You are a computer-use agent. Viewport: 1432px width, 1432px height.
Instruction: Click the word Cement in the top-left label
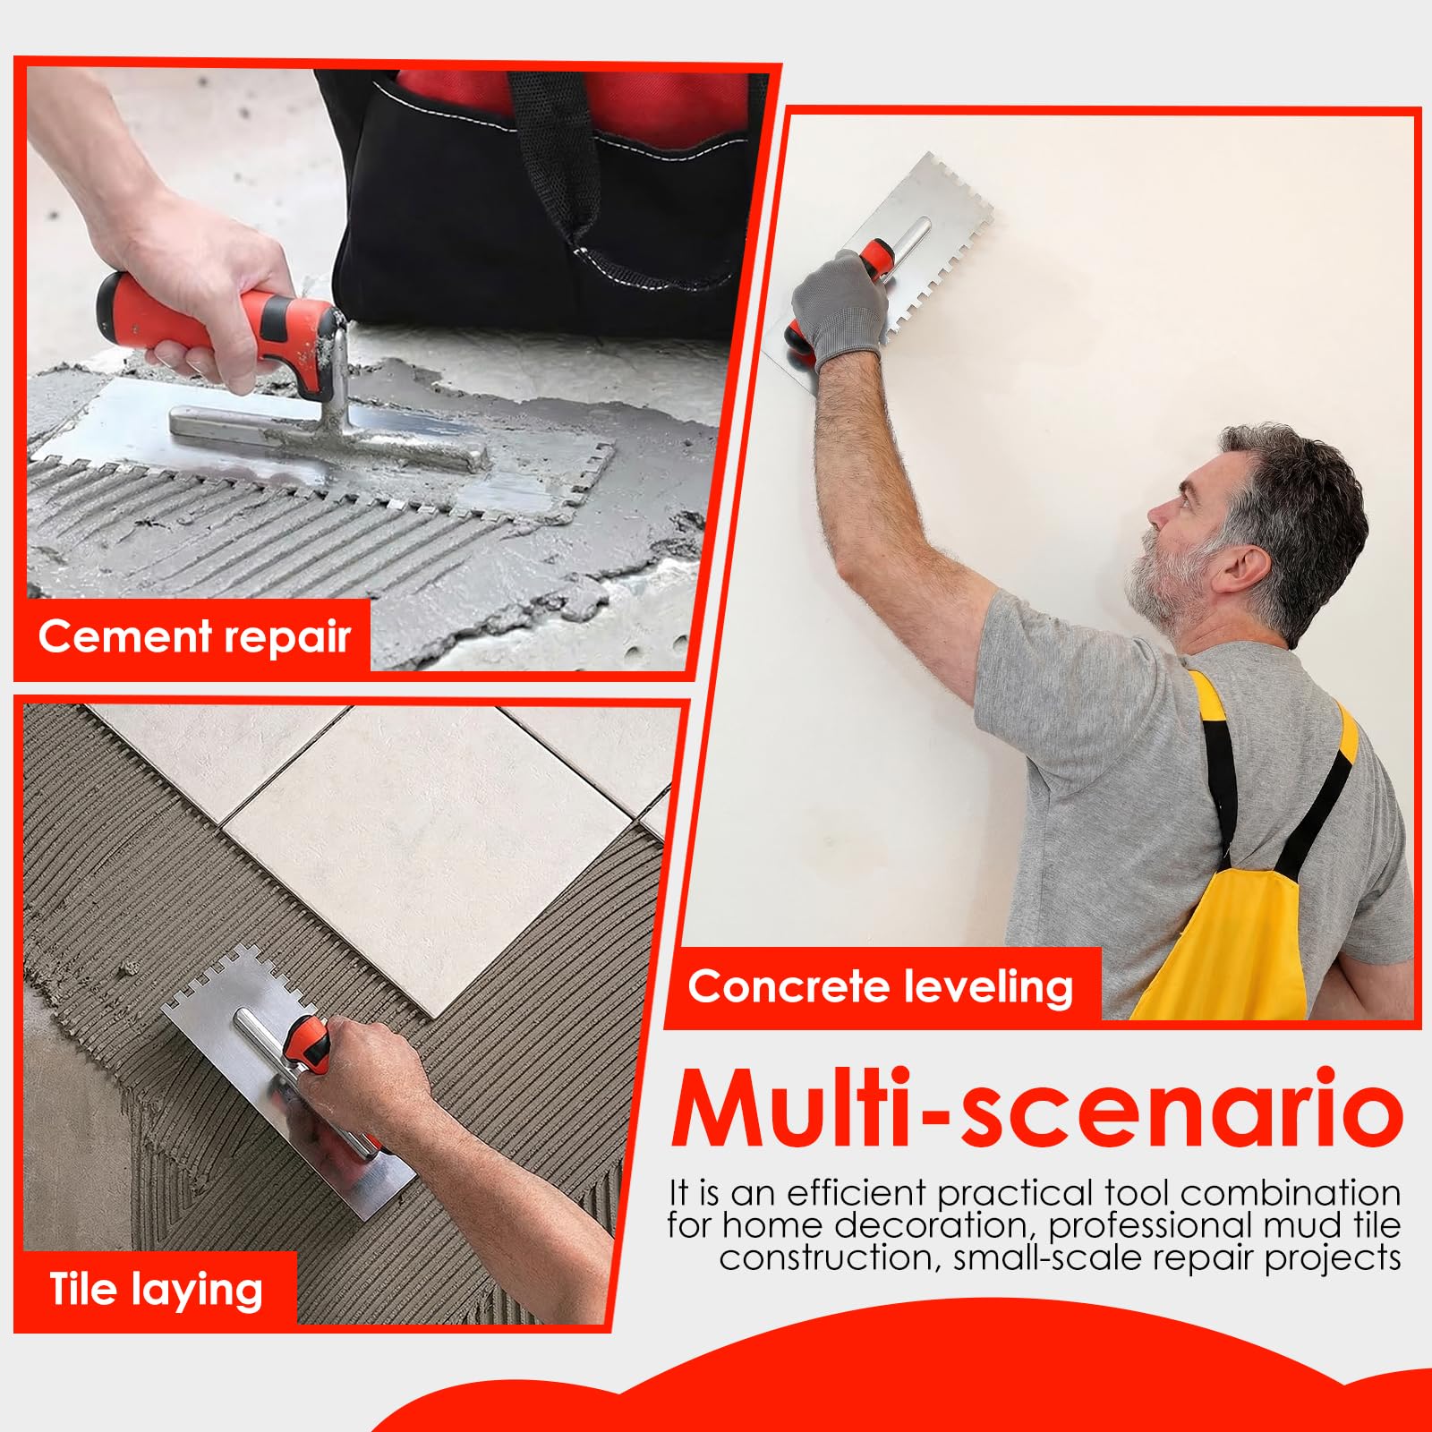click(x=125, y=636)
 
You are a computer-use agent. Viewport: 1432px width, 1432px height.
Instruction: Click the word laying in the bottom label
click(x=197, y=1292)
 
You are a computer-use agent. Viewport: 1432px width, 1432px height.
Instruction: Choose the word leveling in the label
click(x=988, y=988)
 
